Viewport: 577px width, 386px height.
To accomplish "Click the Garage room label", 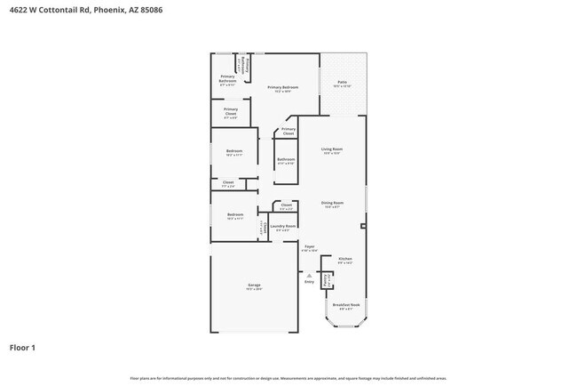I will pos(254,286).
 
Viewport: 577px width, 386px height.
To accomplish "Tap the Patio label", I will pos(342,84).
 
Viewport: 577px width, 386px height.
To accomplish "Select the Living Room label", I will pos(332,150).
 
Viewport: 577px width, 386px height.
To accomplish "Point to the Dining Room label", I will pos(332,205).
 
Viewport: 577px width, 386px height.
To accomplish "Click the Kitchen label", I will pos(345,260).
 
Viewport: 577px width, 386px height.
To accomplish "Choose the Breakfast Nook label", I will pos(345,306).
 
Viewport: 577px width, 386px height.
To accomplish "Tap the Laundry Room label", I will pos(277,227).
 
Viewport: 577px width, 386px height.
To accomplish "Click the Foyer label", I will pos(309,247).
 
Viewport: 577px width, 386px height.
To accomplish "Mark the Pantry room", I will pos(327,280).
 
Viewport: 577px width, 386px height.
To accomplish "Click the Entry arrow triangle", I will pos(308,275).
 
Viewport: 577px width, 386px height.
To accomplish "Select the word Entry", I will pos(308,282).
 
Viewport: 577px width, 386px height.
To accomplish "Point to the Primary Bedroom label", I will pos(282,88).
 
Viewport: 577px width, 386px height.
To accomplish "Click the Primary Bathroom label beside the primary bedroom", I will pos(227,79).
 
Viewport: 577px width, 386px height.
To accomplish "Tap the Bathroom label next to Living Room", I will pos(286,161).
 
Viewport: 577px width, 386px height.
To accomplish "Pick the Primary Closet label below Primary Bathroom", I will pos(230,111).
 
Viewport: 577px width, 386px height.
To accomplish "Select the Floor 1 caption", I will pos(22,347).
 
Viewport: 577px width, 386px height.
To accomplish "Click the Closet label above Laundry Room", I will pos(286,205).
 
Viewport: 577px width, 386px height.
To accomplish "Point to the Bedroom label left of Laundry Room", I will pos(234,215).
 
